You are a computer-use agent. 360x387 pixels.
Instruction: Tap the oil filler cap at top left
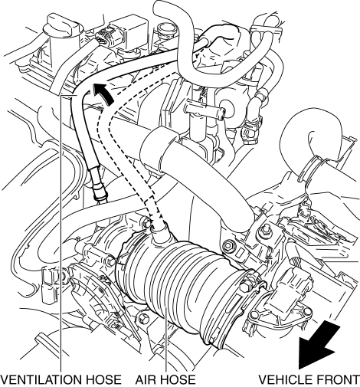[x=63, y=28]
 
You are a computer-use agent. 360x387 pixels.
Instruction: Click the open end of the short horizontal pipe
[x=223, y=113]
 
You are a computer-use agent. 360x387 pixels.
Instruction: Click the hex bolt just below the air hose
[x=143, y=319]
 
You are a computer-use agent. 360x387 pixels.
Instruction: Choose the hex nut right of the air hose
[x=228, y=246]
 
